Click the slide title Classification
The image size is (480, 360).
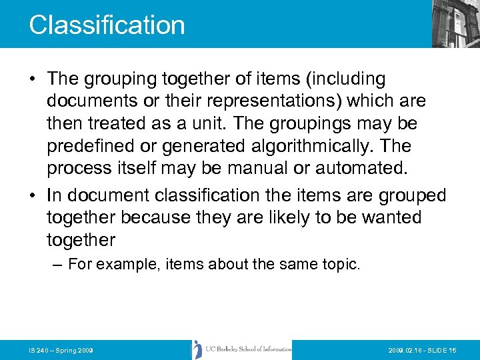[107, 25]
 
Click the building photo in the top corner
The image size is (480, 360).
[455, 23]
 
